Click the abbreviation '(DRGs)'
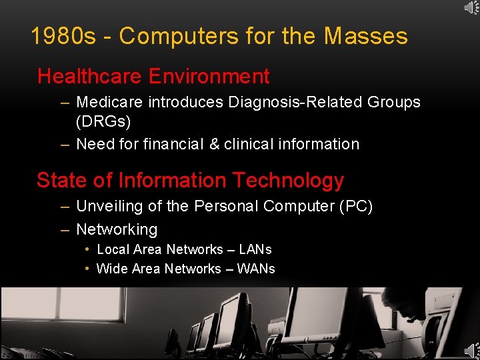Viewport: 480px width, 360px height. click(103, 123)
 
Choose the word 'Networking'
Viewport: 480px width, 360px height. click(117, 229)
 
